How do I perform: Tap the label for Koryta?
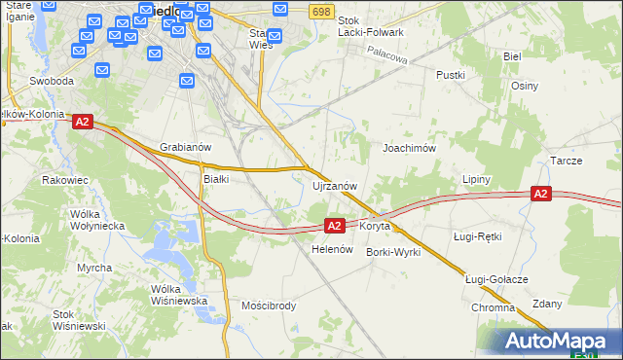[375, 226]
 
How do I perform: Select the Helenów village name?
[331, 249]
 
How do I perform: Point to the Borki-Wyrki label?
[392, 252]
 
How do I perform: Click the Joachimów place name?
[409, 148]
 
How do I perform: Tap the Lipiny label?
[476, 180]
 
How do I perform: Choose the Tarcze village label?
[566, 161]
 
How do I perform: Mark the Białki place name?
[215, 179]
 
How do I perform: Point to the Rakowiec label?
[65, 180]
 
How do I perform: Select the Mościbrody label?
[269, 306]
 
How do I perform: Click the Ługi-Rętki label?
[477, 236]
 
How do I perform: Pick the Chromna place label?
[493, 307]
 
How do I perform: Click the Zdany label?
[548, 304]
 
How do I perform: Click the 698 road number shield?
[322, 10]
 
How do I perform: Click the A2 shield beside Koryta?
[333, 226]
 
